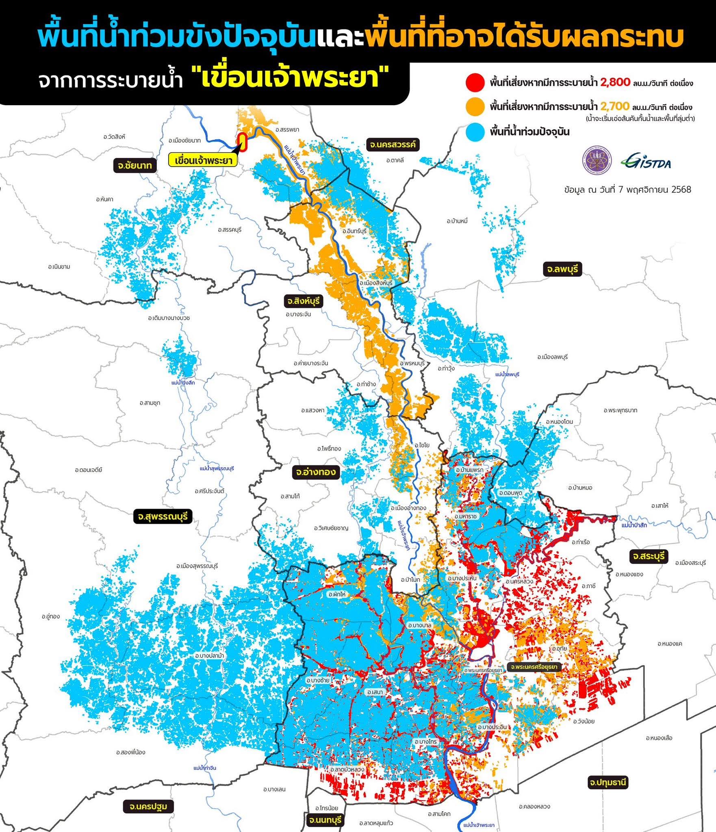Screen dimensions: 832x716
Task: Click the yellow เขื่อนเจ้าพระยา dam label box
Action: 202,160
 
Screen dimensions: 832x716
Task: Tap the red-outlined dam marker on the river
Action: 243,142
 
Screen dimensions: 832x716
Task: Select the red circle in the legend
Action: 475,83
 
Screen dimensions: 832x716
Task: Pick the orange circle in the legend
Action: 475,107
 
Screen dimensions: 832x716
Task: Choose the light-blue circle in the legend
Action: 475,132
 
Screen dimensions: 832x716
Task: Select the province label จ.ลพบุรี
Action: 562,269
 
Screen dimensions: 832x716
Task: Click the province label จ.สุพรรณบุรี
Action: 163,517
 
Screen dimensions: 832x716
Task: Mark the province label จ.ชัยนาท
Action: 135,165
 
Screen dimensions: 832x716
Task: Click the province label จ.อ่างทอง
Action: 316,472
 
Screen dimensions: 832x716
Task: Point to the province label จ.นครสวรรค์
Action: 393,145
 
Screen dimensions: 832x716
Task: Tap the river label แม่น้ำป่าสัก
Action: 634,525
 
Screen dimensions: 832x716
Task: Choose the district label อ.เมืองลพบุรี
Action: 552,357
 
